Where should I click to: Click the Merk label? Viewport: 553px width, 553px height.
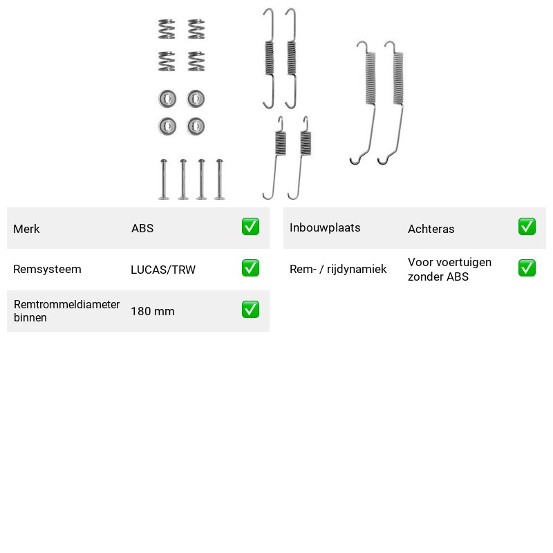click(26, 229)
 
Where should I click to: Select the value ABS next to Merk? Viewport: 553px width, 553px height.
click(142, 228)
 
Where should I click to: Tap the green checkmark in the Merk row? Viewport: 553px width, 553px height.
click(250, 227)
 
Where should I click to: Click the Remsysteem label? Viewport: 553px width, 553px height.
click(47, 269)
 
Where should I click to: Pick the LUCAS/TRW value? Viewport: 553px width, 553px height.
click(163, 270)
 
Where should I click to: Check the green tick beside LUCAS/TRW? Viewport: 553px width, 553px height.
click(250, 268)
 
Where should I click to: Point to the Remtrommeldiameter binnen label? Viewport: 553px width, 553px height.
click(66, 310)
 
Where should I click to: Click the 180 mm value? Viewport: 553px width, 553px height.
click(153, 311)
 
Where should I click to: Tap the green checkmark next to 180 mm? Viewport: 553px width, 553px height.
click(250, 309)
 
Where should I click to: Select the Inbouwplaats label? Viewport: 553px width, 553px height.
click(325, 228)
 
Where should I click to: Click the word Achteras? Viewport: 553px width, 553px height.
click(431, 229)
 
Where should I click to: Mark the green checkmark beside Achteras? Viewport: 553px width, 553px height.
click(527, 227)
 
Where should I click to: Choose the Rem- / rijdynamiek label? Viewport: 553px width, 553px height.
click(338, 269)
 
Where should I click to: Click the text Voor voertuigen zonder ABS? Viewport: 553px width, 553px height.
click(450, 269)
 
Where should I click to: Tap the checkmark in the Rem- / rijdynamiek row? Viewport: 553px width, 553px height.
click(527, 268)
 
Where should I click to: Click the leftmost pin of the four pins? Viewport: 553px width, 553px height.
click(164, 179)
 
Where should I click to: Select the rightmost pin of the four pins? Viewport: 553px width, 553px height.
click(219, 179)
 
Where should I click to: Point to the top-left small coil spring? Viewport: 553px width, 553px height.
click(167, 29)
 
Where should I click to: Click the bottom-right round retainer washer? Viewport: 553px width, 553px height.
click(196, 126)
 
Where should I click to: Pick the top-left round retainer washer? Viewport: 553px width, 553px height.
click(167, 99)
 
